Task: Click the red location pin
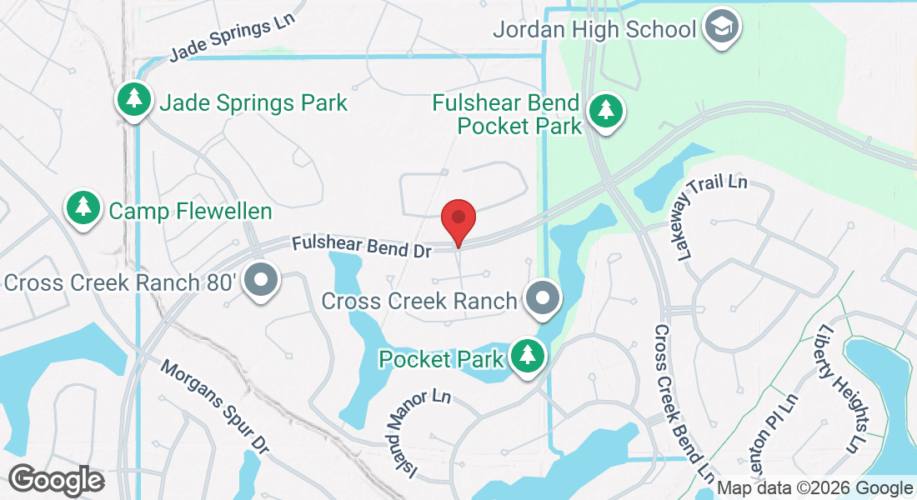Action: pyautogui.click(x=458, y=219)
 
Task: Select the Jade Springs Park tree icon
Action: pyautogui.click(x=133, y=101)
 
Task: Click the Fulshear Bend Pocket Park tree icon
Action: pyautogui.click(x=605, y=112)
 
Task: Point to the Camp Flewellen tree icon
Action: pyautogui.click(x=83, y=208)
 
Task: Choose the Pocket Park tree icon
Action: pyautogui.click(x=527, y=357)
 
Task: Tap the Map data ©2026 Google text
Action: pyautogui.click(x=815, y=488)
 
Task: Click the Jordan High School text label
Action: pyautogui.click(x=594, y=30)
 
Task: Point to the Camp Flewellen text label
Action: pyautogui.click(x=191, y=211)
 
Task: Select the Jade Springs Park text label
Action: pyautogui.click(x=253, y=103)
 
